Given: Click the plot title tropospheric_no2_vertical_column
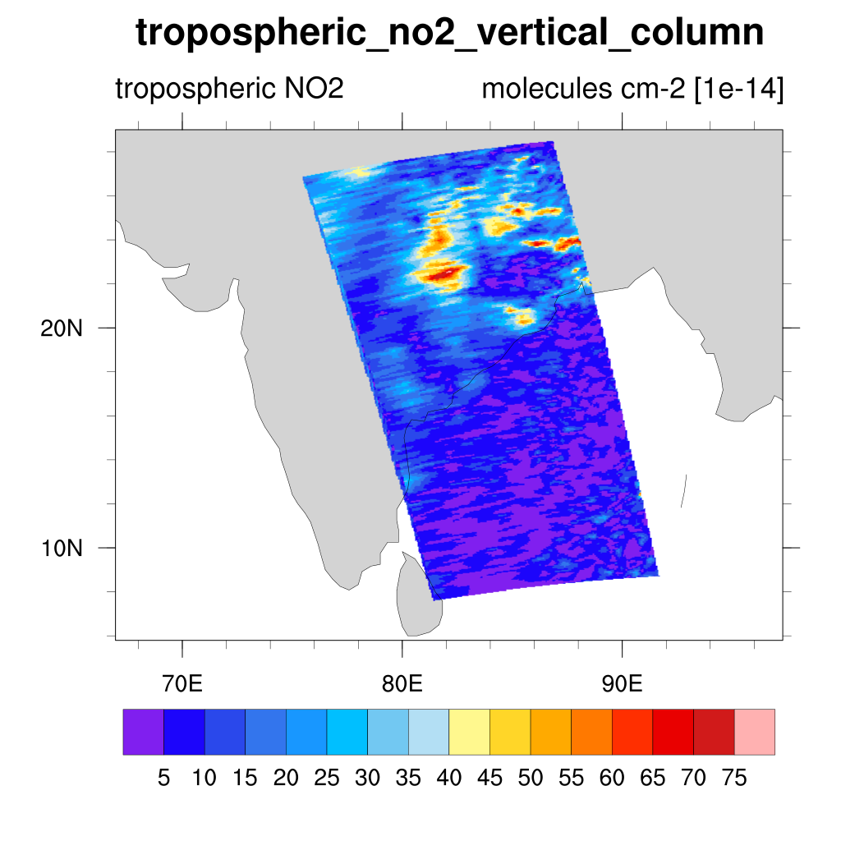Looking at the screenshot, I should click(449, 34).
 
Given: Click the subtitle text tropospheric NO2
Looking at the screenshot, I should click(229, 89).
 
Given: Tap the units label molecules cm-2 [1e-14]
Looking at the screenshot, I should click(632, 89).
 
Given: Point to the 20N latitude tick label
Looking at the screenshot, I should click(62, 329).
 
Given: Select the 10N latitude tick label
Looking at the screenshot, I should click(62, 548).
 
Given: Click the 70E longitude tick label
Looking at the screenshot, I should click(183, 683).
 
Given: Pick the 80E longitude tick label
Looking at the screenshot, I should click(402, 683).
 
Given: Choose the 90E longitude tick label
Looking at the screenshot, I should click(622, 683).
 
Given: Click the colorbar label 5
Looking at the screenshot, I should click(163, 777).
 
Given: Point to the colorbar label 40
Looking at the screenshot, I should click(448, 777).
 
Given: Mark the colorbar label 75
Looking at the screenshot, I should click(733, 777).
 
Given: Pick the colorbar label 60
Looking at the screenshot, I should click(611, 777).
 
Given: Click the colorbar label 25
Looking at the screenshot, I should click(327, 777).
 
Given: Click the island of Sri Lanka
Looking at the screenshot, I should click(415, 595).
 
